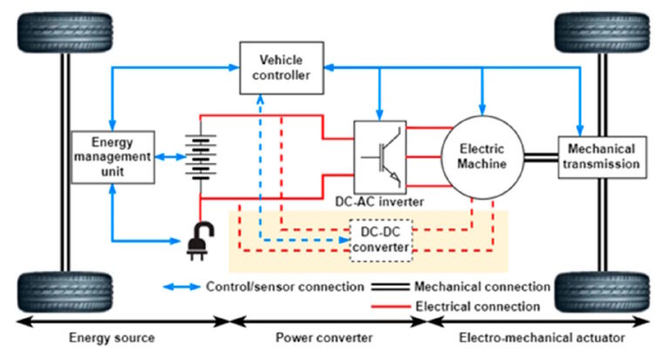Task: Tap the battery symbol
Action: (x=201, y=157)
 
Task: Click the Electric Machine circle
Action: (x=481, y=157)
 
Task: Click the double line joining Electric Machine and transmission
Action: (x=537, y=157)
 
